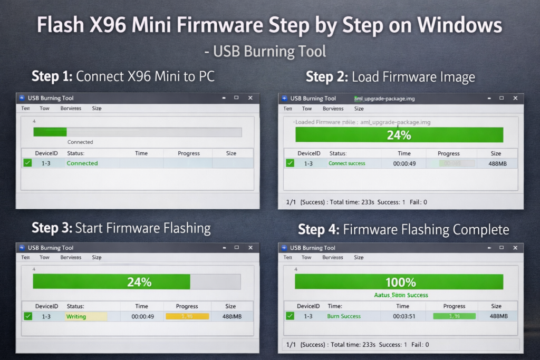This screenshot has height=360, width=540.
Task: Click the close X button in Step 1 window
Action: tap(250, 98)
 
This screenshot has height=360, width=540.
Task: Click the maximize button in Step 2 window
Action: tap(501, 98)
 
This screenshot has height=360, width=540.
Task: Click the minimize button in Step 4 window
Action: tap(486, 248)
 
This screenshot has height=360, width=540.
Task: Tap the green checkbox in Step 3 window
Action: tap(28, 316)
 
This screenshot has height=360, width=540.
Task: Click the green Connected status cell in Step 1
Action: tap(82, 163)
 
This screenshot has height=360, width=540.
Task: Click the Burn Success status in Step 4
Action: tap(344, 316)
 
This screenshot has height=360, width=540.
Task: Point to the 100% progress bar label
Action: tap(401, 282)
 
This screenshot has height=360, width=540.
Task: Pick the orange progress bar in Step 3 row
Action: tap(187, 317)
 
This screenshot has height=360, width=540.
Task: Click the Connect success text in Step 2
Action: tap(347, 163)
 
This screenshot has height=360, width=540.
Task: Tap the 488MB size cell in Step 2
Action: tap(496, 163)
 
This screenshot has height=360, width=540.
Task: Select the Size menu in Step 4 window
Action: tap(359, 258)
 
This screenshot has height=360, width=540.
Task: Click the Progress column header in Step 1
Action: tap(189, 153)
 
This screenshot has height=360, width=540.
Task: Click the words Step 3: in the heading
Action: tap(52, 228)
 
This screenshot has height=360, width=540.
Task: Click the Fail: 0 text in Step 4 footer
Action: tap(420, 344)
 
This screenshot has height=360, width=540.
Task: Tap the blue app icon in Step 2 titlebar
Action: tap(285, 98)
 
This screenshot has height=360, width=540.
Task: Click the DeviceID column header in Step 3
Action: tap(46, 306)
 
